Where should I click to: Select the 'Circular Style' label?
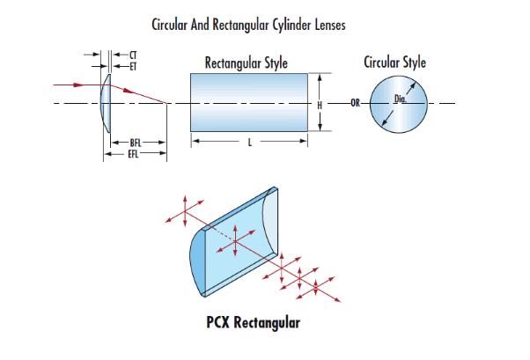point(394,62)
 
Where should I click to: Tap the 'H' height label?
point(320,104)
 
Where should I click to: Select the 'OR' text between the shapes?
point(355,104)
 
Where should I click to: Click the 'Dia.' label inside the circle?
point(400,99)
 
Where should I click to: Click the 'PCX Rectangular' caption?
point(253,322)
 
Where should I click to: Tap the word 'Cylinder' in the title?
point(286,25)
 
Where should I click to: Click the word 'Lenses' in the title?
point(327,25)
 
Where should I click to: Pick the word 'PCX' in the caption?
point(219,322)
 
